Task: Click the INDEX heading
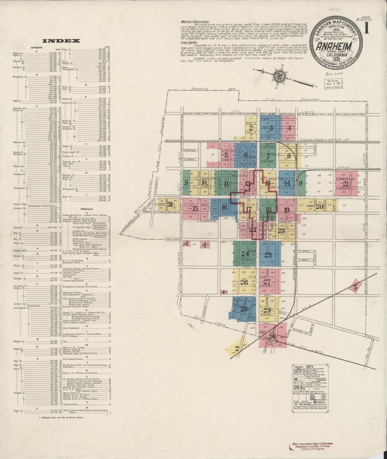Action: [61, 41]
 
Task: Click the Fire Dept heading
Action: [189, 42]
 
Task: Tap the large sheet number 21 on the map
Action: [345, 184]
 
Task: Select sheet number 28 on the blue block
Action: [244, 309]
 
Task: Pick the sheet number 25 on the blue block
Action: [268, 255]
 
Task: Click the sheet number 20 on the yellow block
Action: [319, 206]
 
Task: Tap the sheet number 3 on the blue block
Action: [271, 128]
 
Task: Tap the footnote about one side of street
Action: [61, 425]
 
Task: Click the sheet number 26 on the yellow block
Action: [244, 282]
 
